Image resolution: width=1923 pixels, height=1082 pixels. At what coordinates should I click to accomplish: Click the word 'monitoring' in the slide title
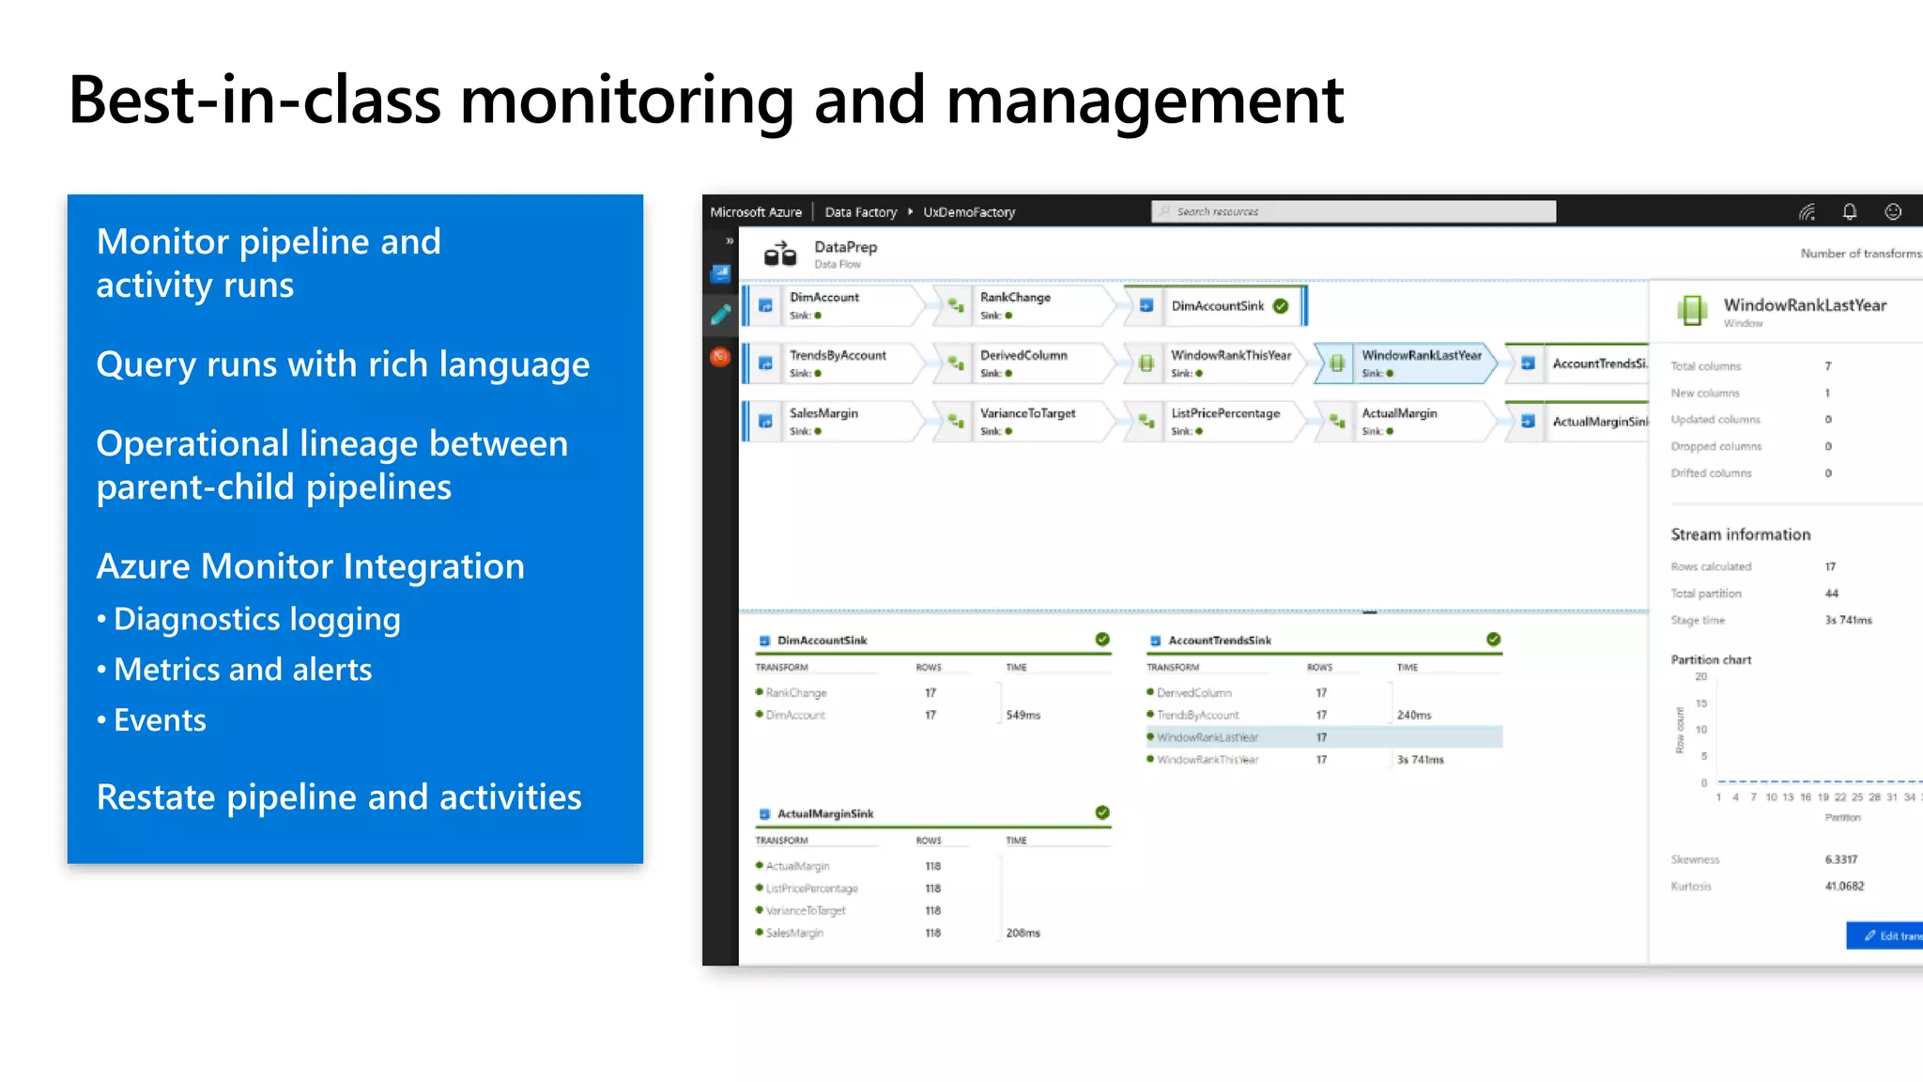pyautogui.click(x=625, y=101)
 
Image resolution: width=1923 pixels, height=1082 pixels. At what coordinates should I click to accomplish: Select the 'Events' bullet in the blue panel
pyautogui.click(x=159, y=720)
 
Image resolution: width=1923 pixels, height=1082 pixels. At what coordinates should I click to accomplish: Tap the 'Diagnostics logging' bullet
pyautogui.click(x=256, y=619)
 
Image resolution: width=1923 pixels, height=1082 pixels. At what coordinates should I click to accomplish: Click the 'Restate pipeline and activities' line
pyautogui.click(x=339, y=797)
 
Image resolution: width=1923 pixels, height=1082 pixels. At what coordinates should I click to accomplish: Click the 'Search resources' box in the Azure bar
pyautogui.click(x=1352, y=211)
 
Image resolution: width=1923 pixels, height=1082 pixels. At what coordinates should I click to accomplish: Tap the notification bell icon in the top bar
pyautogui.click(x=1849, y=211)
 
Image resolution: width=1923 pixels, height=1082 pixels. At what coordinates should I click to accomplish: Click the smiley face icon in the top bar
pyautogui.click(x=1893, y=211)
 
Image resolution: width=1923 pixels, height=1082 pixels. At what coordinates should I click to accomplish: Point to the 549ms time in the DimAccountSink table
pyautogui.click(x=1023, y=716)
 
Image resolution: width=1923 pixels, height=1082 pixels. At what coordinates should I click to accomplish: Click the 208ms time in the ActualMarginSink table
pyautogui.click(x=1023, y=934)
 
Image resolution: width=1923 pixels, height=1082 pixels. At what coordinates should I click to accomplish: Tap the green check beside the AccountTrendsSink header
pyautogui.click(x=1493, y=640)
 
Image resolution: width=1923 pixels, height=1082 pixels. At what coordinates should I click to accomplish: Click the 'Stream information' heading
pyautogui.click(x=1740, y=534)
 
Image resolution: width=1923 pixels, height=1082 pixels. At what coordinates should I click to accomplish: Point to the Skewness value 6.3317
pyautogui.click(x=1840, y=859)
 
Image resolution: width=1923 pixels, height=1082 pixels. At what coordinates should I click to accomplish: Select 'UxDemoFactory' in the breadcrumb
pyautogui.click(x=969, y=212)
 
